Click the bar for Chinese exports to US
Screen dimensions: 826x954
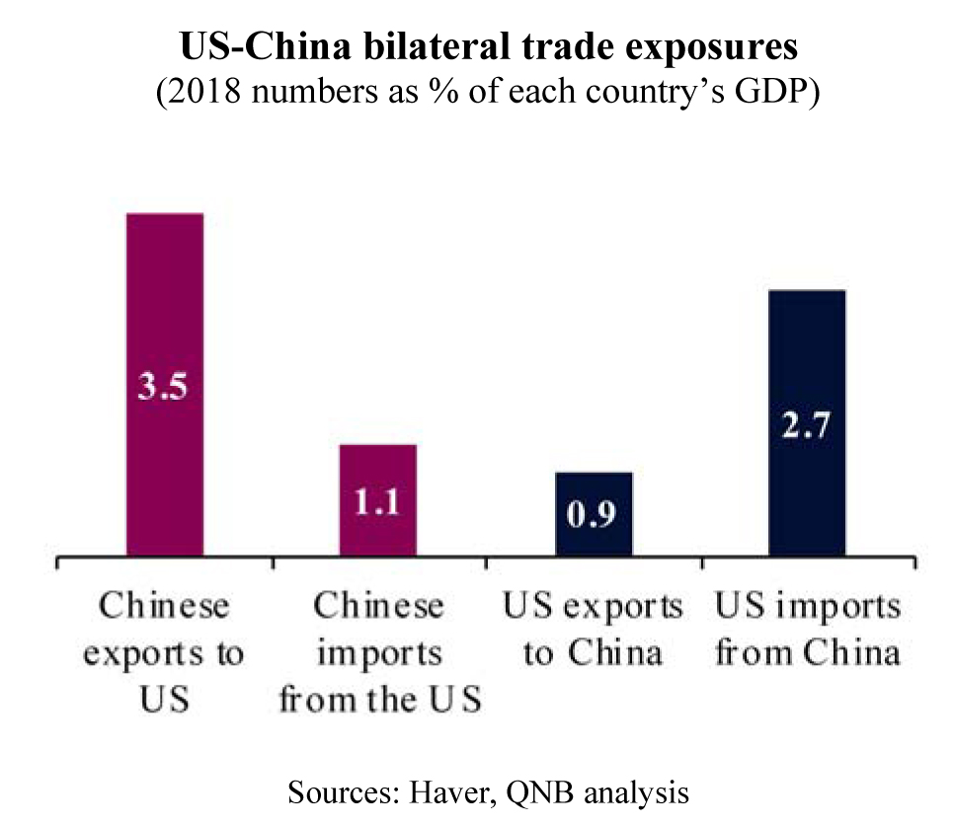[x=165, y=296]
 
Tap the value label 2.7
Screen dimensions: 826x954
[x=807, y=428]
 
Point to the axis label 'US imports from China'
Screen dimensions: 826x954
[x=807, y=630]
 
